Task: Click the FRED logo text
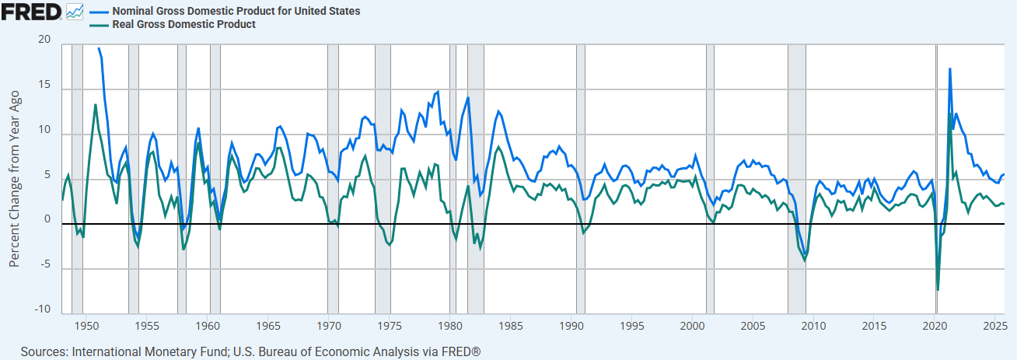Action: click(32, 12)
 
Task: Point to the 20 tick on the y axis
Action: click(44, 40)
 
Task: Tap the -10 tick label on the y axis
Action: click(42, 310)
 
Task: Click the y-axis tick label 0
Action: click(47, 220)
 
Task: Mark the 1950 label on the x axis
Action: click(86, 324)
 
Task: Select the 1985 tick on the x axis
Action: click(511, 324)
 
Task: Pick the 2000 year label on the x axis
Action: click(693, 324)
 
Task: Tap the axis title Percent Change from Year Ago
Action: click(14, 178)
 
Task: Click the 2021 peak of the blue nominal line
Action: click(949, 68)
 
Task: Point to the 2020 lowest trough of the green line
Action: click(938, 290)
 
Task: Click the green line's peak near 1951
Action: click(96, 104)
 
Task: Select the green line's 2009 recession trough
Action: click(805, 260)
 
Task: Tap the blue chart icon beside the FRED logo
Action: click(75, 12)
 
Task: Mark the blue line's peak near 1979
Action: click(438, 92)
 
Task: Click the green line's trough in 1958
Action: click(183, 249)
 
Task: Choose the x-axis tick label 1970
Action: click(329, 324)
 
